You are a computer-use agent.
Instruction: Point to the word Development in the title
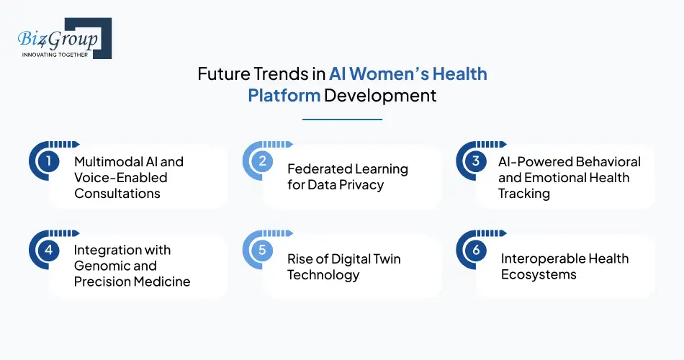380,95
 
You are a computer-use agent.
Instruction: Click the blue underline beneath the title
342,119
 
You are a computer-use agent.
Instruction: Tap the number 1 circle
48,161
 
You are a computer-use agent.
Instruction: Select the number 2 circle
262,161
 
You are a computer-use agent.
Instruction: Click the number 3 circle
475,161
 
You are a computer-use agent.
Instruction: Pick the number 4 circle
48,249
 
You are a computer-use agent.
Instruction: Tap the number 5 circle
262,249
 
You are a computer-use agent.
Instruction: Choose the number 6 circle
475,249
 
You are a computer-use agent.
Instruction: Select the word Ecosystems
539,274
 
